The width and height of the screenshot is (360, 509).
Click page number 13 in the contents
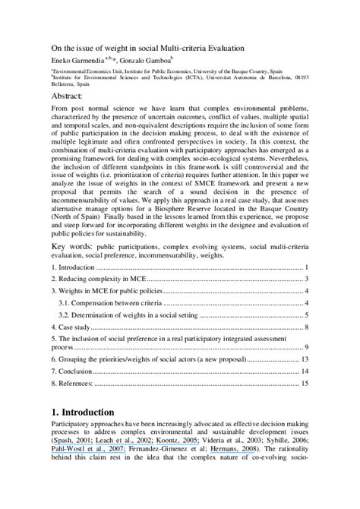click(x=304, y=359)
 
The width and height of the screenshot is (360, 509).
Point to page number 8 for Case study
click(x=305, y=327)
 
